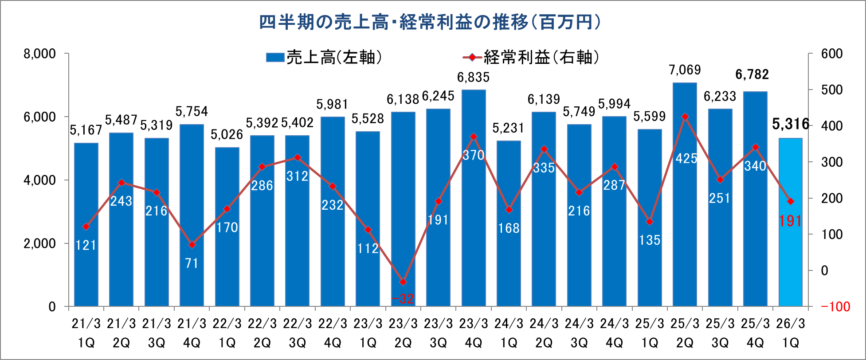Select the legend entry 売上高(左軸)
coord(324,58)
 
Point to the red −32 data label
coord(403,299)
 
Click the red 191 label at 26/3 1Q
coord(790,220)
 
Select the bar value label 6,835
coord(474,78)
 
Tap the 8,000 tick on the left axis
coord(40,54)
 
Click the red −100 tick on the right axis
coord(835,307)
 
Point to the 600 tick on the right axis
coord(832,54)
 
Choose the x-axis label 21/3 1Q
coord(86,333)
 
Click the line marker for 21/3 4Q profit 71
coord(192,245)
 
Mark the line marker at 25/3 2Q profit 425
coord(685,117)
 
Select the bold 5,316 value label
coord(790,124)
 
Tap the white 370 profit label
coord(474,155)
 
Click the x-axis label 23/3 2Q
coord(403,333)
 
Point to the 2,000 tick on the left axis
coord(40,243)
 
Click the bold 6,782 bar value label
coord(752,74)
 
